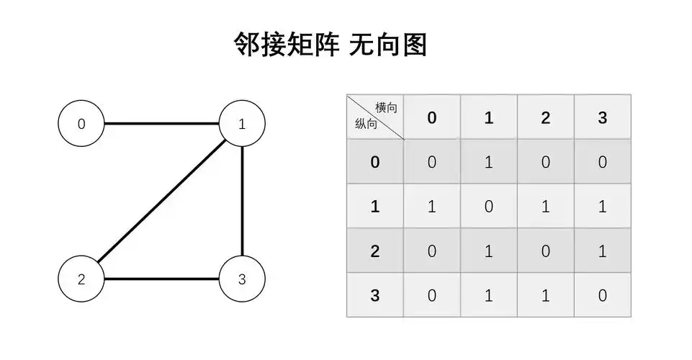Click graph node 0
coord(81,124)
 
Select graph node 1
coord(242,124)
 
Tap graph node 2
coord(81,279)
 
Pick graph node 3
coord(242,279)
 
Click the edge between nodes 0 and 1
coord(161,124)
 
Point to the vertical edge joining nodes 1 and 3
coord(242,201)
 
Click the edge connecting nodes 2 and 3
coord(161,279)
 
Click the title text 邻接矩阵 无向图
coord(331,45)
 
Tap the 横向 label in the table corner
coord(386,107)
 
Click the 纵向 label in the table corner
coord(366,124)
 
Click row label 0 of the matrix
coord(374,162)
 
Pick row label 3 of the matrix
coord(374,295)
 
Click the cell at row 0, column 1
coord(488,162)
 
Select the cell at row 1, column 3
coord(602,207)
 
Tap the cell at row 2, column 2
coord(545,251)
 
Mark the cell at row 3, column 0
coord(431,295)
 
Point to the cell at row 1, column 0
coord(431,207)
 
